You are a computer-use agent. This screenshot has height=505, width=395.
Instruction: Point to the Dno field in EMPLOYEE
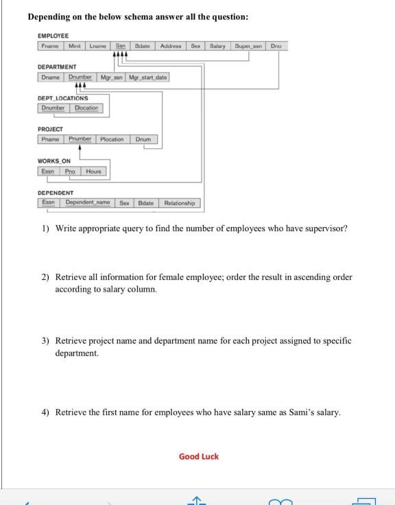(276, 46)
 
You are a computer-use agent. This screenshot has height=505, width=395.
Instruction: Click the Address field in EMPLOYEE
(171, 46)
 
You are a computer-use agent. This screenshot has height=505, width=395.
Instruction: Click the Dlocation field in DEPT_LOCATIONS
(86, 108)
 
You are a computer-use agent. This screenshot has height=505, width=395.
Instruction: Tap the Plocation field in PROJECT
(112, 139)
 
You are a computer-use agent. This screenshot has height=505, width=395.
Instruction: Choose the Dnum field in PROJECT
(143, 139)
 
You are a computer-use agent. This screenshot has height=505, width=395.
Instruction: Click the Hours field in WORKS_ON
(94, 171)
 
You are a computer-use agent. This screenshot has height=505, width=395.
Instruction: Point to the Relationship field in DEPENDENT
(179, 202)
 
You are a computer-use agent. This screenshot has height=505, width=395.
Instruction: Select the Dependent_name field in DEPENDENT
(88, 202)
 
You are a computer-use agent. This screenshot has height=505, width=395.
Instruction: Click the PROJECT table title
(50, 129)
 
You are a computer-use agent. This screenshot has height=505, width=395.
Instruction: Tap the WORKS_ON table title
(53, 161)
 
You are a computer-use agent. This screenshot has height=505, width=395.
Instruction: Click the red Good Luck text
(198, 456)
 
